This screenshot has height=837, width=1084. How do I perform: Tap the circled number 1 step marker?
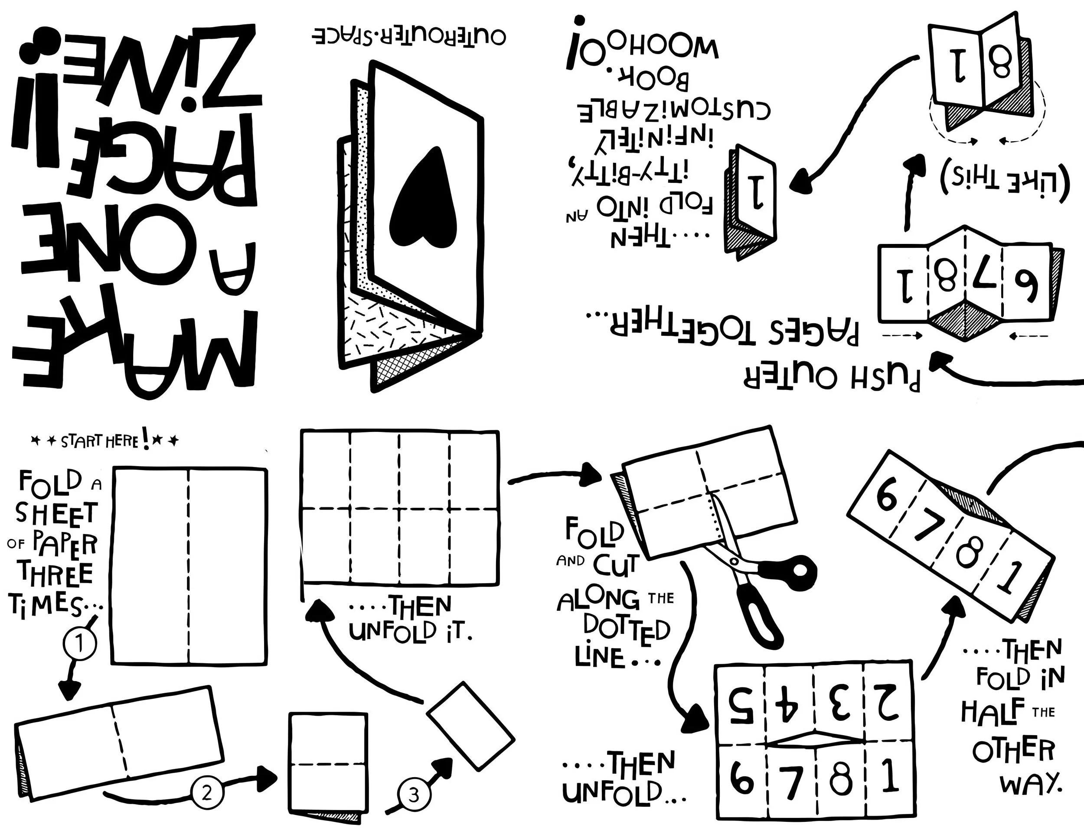(79, 645)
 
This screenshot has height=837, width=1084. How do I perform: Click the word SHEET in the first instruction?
(56, 513)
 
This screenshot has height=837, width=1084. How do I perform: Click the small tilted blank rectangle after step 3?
(470, 726)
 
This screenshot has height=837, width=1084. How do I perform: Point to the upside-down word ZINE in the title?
(134, 69)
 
